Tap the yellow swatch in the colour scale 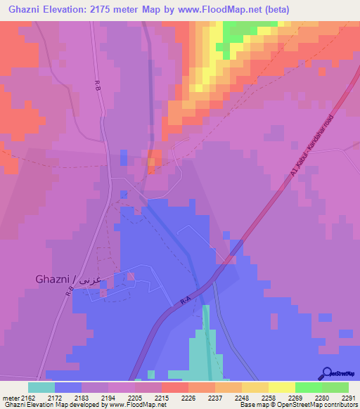coord(281,387)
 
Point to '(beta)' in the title coord(274,10)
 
